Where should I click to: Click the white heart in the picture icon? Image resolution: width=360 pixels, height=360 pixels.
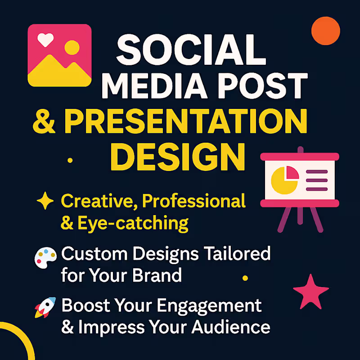pos(45,40)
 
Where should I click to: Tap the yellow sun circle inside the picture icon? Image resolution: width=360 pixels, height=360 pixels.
pos(72,47)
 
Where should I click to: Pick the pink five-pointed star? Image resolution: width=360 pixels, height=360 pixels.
pos(310,291)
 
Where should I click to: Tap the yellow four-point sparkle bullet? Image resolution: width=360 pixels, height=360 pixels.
pos(45,202)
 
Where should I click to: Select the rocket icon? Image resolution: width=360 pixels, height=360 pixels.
pos(45,307)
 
